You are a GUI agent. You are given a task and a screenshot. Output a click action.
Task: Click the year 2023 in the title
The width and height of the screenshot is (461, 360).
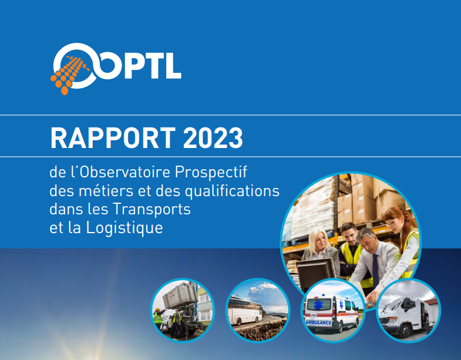[x=213, y=137]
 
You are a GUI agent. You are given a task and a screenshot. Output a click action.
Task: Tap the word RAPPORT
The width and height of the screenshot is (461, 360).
[x=113, y=137]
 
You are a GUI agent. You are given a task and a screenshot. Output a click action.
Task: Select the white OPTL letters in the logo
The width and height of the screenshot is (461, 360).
[x=138, y=66]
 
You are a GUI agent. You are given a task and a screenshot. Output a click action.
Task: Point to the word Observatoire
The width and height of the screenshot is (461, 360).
[x=125, y=171]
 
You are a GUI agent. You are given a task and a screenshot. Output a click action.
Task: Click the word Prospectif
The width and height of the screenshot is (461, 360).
[x=211, y=171]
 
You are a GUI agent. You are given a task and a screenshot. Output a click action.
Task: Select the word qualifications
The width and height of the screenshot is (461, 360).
[x=232, y=191]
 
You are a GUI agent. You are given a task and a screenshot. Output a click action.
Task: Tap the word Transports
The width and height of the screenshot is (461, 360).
[x=152, y=209]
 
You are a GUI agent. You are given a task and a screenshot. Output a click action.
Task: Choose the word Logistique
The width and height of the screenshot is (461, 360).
[x=124, y=228]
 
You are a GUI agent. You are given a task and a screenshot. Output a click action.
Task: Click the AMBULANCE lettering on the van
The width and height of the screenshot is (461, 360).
[x=318, y=322]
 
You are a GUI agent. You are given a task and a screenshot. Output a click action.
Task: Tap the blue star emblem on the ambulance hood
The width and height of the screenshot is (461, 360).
[x=318, y=304]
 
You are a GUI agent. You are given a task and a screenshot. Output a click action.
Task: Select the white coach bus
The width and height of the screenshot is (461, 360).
[x=245, y=310]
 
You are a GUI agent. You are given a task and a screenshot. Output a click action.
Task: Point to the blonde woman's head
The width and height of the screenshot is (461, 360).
[x=319, y=238]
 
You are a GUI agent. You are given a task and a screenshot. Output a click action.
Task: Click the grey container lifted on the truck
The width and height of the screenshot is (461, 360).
[x=180, y=295]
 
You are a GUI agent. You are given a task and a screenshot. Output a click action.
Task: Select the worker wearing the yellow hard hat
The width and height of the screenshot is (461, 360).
[x=158, y=318]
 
